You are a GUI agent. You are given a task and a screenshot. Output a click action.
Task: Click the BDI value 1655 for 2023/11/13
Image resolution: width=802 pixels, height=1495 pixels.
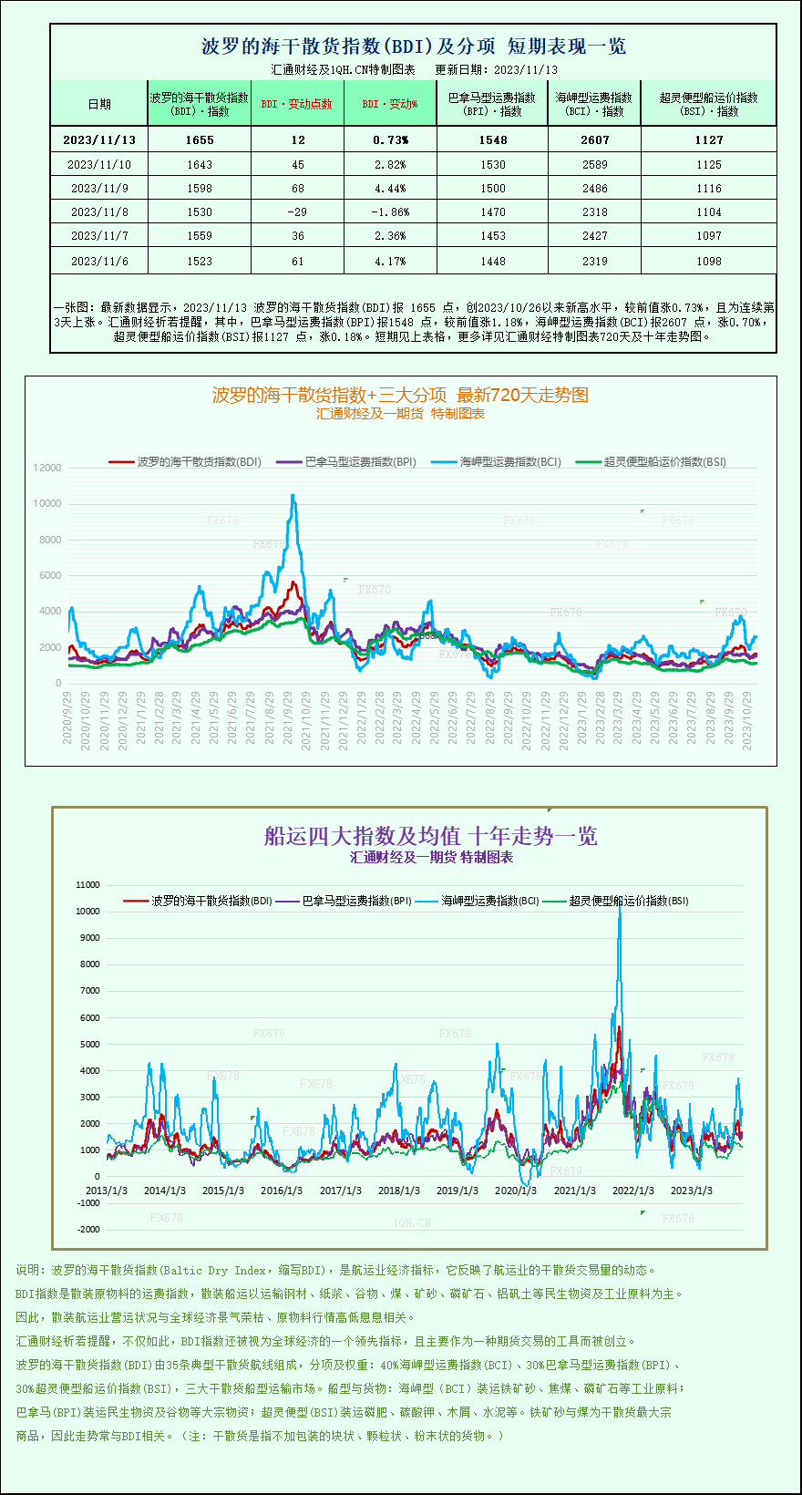[x=199, y=139]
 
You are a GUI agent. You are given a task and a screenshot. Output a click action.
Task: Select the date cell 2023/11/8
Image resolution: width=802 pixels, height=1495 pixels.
[x=99, y=211]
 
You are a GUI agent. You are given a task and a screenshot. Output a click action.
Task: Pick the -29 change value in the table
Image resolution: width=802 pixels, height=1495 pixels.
[x=297, y=211]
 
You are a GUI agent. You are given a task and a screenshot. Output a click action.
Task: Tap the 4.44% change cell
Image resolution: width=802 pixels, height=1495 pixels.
[x=390, y=188]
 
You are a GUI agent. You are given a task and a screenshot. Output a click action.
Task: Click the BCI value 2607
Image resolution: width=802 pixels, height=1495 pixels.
[x=594, y=139]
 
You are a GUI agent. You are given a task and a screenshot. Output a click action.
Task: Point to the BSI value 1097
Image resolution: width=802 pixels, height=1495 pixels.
[x=708, y=235]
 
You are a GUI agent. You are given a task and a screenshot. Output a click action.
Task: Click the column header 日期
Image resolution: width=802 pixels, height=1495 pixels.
[x=99, y=104]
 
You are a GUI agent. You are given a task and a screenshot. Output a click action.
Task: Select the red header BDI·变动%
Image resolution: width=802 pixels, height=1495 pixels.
[x=390, y=104]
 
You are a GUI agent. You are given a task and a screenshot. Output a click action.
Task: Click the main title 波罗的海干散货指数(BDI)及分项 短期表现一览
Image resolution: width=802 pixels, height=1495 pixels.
[x=413, y=46]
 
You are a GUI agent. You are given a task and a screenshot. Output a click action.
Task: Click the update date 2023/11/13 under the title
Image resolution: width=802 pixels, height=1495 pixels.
[x=526, y=69]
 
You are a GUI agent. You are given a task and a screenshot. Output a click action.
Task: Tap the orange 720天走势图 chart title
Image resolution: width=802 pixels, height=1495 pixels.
[x=400, y=395]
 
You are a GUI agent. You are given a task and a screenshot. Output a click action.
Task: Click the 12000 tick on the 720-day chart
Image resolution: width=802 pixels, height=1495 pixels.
[x=47, y=468]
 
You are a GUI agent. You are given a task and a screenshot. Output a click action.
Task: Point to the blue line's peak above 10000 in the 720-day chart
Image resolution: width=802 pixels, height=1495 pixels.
[x=293, y=496]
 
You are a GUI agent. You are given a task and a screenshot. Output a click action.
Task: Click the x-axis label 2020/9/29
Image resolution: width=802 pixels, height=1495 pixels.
[x=67, y=717]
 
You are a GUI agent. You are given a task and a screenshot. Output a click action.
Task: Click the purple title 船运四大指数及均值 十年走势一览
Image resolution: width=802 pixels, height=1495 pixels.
[x=430, y=836]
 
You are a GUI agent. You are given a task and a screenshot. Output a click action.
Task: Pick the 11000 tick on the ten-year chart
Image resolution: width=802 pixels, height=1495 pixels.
[x=88, y=884]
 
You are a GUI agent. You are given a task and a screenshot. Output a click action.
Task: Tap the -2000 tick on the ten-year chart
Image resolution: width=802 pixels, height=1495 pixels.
[x=88, y=1229]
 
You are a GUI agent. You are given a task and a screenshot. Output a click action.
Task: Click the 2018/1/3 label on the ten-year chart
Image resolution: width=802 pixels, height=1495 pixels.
[x=399, y=1191]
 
